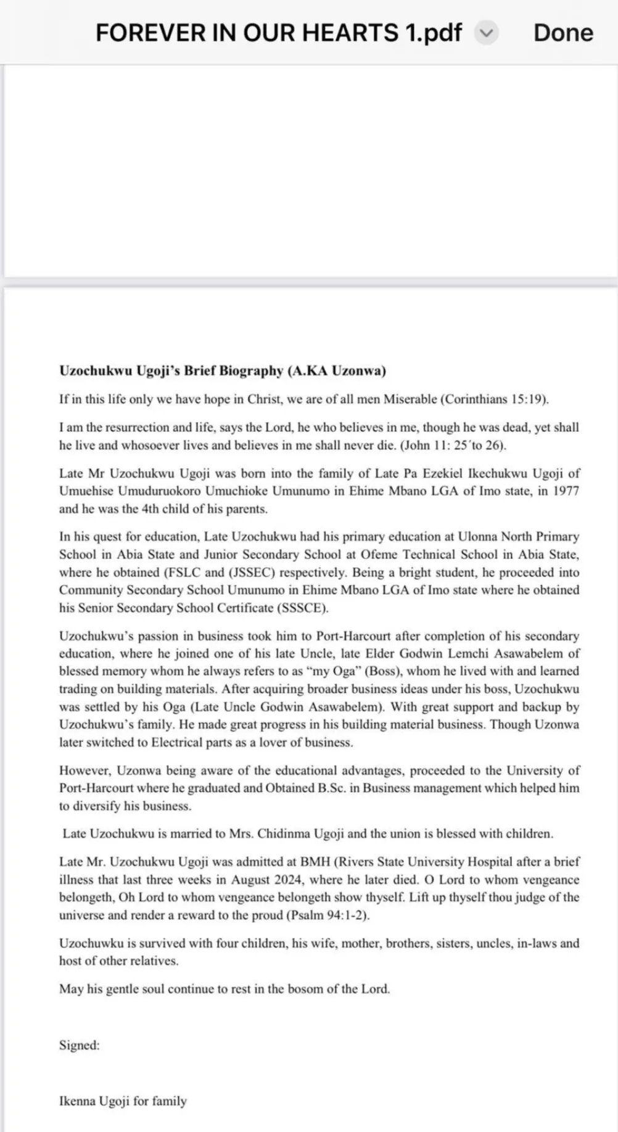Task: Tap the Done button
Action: click(562, 33)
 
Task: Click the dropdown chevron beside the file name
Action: click(486, 33)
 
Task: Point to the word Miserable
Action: click(410, 399)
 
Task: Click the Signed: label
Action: click(79, 1045)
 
